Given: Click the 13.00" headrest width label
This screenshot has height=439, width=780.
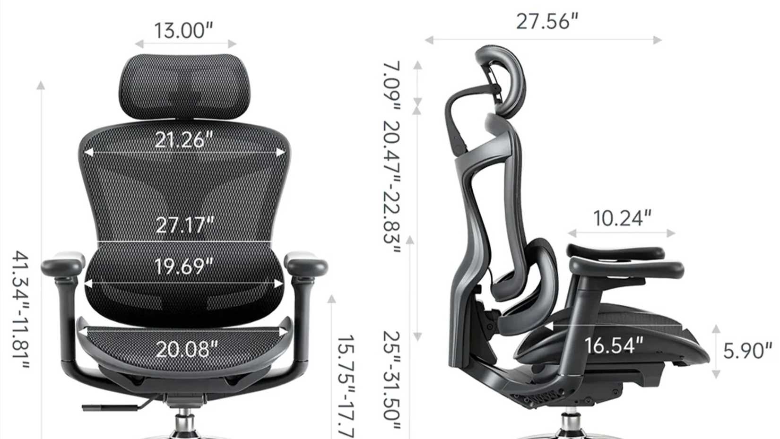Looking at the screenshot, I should tap(184, 30).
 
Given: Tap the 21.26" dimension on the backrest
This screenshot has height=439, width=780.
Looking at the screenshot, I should tap(184, 139).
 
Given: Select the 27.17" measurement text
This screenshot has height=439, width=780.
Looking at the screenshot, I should tap(185, 225).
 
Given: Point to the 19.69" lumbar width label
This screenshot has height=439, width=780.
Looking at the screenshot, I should tap(184, 267).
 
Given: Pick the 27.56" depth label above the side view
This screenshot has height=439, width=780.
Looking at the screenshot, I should tap(547, 22).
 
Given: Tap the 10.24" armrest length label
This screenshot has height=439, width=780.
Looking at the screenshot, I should tap(622, 218).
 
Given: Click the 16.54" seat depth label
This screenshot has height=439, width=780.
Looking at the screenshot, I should tap(614, 345).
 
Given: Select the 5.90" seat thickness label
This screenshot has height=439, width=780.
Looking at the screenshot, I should tap(747, 351).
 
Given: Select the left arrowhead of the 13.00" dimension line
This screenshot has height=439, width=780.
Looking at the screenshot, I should tap(139, 44).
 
